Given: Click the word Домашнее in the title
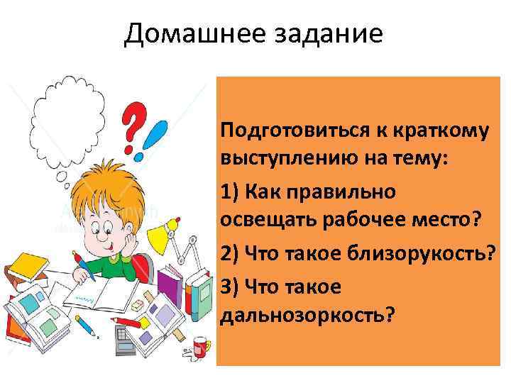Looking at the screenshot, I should (x=189, y=34).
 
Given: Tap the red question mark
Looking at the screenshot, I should (x=135, y=126).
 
